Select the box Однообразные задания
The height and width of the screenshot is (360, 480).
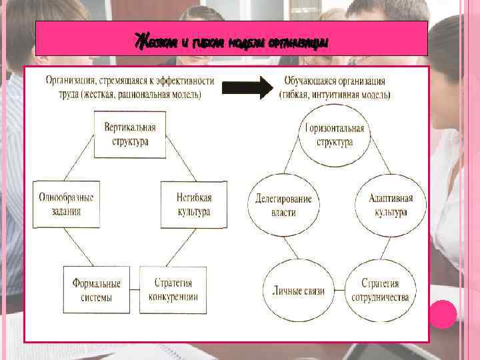click(66, 204)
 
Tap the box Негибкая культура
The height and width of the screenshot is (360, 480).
click(194, 205)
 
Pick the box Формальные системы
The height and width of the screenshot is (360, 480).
click(97, 290)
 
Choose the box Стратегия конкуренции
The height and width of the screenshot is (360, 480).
click(173, 290)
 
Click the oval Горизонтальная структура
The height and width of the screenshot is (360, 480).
click(334, 135)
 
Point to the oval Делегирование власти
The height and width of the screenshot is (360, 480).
click(283, 205)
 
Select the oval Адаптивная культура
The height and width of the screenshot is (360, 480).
click(391, 205)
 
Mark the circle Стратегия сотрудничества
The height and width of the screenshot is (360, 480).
click(381, 291)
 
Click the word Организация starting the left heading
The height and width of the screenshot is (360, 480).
click(70, 81)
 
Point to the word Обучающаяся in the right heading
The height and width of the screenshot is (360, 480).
click(308, 81)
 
